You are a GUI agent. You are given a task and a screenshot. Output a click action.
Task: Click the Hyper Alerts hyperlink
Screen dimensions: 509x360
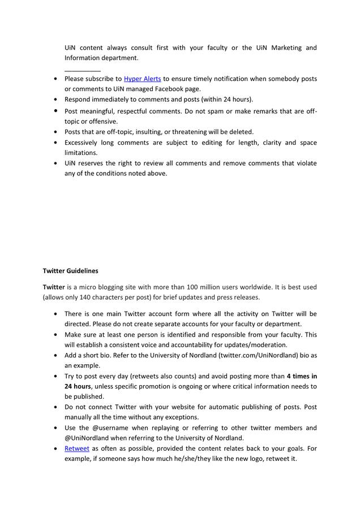(143, 79)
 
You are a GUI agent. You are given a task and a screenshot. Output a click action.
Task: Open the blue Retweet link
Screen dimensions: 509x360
(77, 448)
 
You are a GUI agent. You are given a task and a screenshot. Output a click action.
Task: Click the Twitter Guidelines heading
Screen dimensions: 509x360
(70, 271)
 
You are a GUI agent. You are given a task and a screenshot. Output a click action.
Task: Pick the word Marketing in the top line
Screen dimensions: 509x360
(286, 48)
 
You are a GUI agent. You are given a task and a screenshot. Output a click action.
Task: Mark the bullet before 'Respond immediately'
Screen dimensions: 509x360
(55, 100)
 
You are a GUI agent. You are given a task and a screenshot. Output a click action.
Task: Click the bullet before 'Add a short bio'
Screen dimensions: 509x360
(55, 356)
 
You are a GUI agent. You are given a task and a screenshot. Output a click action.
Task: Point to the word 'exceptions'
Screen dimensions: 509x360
(179, 417)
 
